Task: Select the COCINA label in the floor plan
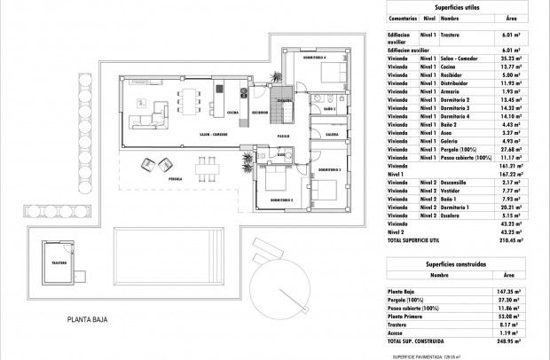point(232,113)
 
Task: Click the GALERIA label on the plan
point(331,136)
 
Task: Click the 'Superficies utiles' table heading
point(457,6)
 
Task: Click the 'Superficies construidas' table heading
point(456,265)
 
